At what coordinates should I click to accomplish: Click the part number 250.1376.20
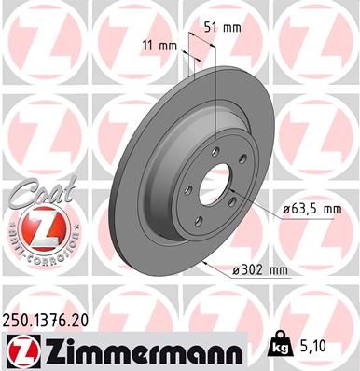(x=48, y=319)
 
